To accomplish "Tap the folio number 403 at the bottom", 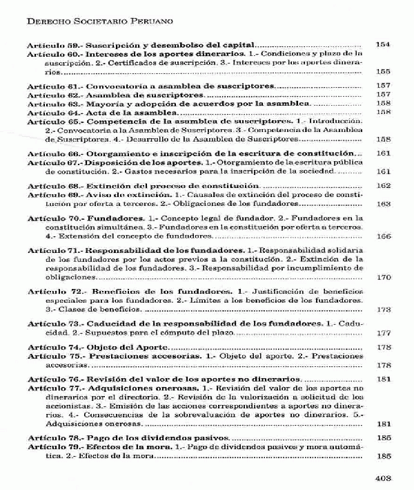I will pyautogui.click(x=382, y=477).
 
